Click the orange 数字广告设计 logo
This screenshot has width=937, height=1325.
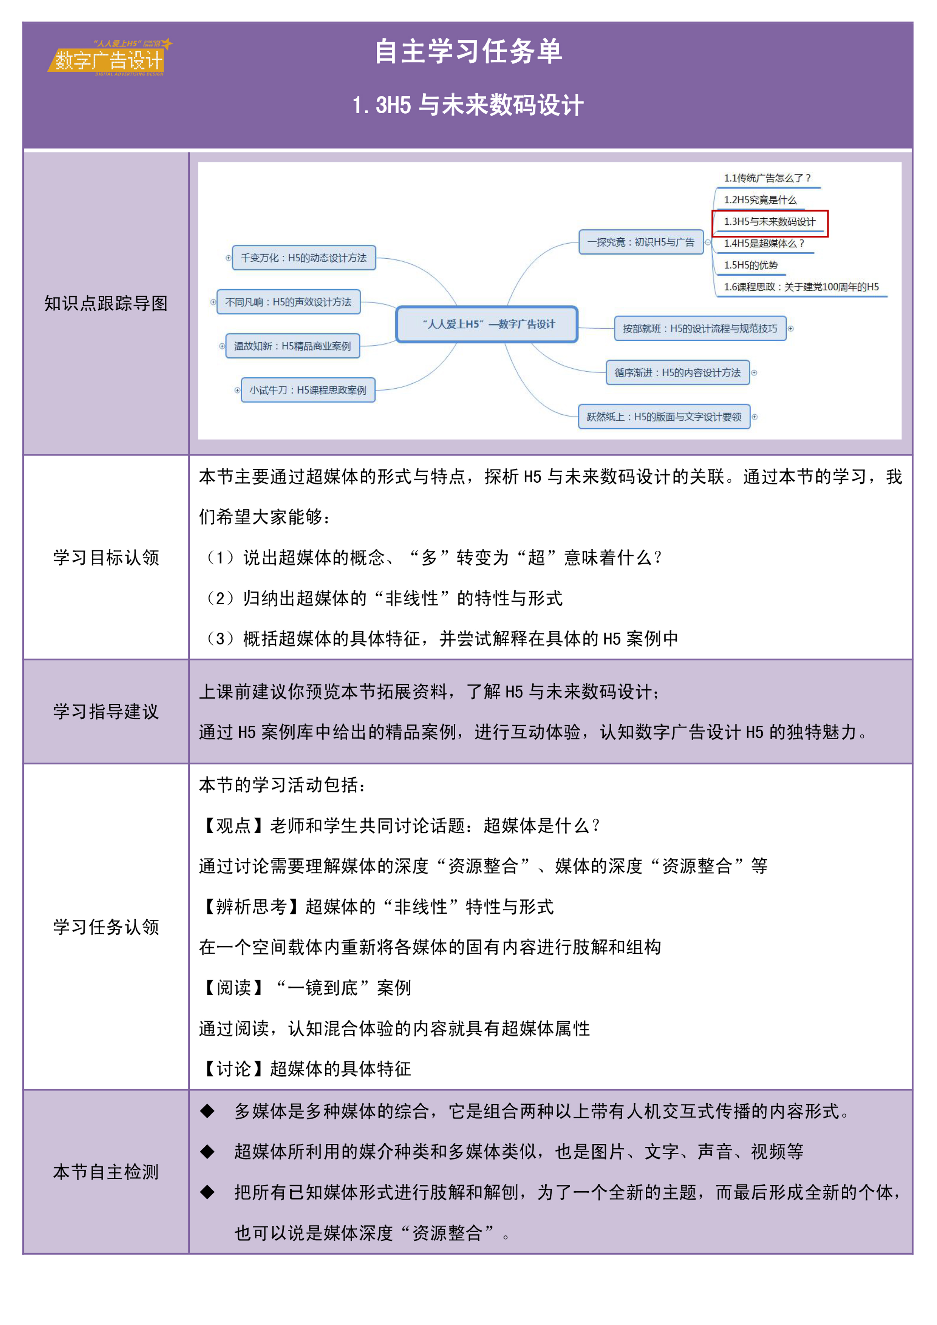(109, 58)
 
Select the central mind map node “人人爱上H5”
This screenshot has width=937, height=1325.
(487, 324)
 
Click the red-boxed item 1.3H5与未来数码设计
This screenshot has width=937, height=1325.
(770, 222)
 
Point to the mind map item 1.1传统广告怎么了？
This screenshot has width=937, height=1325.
(767, 178)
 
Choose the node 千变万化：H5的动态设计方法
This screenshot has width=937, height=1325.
(304, 258)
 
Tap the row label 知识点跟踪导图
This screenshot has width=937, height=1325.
(106, 304)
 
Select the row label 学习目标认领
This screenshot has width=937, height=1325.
(106, 558)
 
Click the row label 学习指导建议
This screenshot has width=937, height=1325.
(106, 712)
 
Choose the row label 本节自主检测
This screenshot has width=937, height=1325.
(106, 1172)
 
